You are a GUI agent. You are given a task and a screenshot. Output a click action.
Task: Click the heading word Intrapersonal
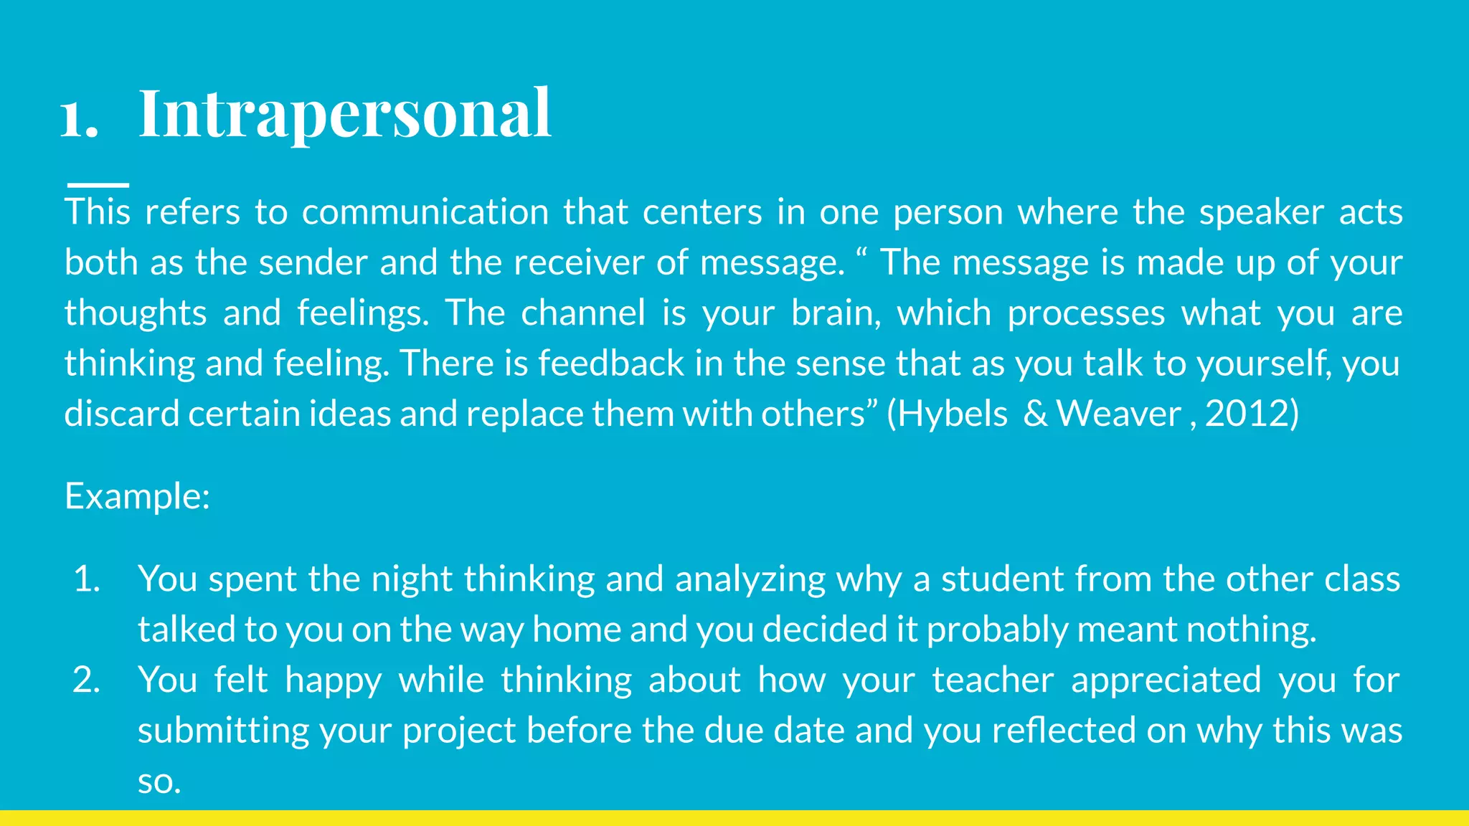point(344,113)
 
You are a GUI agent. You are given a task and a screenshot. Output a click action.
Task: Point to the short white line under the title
point(98,185)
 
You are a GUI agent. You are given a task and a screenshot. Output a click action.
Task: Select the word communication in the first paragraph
point(425,212)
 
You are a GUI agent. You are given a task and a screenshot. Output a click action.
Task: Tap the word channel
point(582,313)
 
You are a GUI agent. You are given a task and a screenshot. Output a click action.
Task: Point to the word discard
point(121,414)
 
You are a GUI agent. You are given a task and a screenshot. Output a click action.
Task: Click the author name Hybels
point(953,414)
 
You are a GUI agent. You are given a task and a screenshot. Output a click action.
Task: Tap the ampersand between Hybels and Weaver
point(1035,414)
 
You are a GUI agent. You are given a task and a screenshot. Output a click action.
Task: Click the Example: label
point(137,496)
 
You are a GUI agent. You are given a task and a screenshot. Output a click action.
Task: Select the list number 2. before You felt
point(86,680)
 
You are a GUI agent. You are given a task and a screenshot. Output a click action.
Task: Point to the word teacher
point(993,680)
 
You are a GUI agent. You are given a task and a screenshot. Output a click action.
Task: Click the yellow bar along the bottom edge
point(734,818)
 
